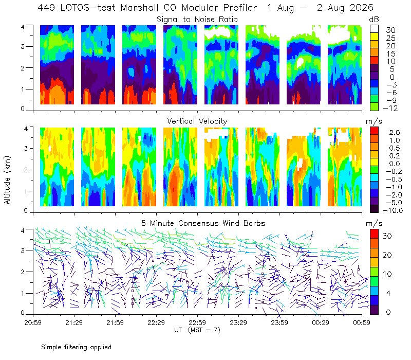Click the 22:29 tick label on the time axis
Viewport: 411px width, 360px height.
tap(156, 322)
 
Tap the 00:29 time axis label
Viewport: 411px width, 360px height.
tap(321, 322)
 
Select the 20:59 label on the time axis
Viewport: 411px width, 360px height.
tap(33, 322)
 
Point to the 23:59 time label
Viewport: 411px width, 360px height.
tap(279, 322)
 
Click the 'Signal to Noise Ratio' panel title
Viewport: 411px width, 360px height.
tap(197, 20)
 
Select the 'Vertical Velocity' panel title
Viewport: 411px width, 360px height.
tap(197, 121)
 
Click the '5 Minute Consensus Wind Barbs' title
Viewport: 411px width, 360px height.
tap(203, 223)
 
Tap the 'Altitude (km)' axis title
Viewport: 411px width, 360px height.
tap(7, 180)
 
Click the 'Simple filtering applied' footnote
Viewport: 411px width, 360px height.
tap(76, 347)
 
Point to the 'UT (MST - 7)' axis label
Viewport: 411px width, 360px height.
tap(197, 330)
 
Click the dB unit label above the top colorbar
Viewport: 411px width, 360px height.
tap(374, 20)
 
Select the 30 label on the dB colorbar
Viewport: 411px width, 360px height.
tap(390, 30)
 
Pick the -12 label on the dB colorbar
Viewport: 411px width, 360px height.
tap(390, 108)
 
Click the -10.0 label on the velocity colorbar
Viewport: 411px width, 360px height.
tap(393, 210)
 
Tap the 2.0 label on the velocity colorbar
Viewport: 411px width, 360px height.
tap(395, 133)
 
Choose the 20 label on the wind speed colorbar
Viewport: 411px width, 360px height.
tap(387, 255)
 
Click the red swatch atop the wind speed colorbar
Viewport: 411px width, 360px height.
tap(374, 234)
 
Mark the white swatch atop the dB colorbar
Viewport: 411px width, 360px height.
tap(375, 29)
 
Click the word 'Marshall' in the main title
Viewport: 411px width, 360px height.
tap(139, 8)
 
